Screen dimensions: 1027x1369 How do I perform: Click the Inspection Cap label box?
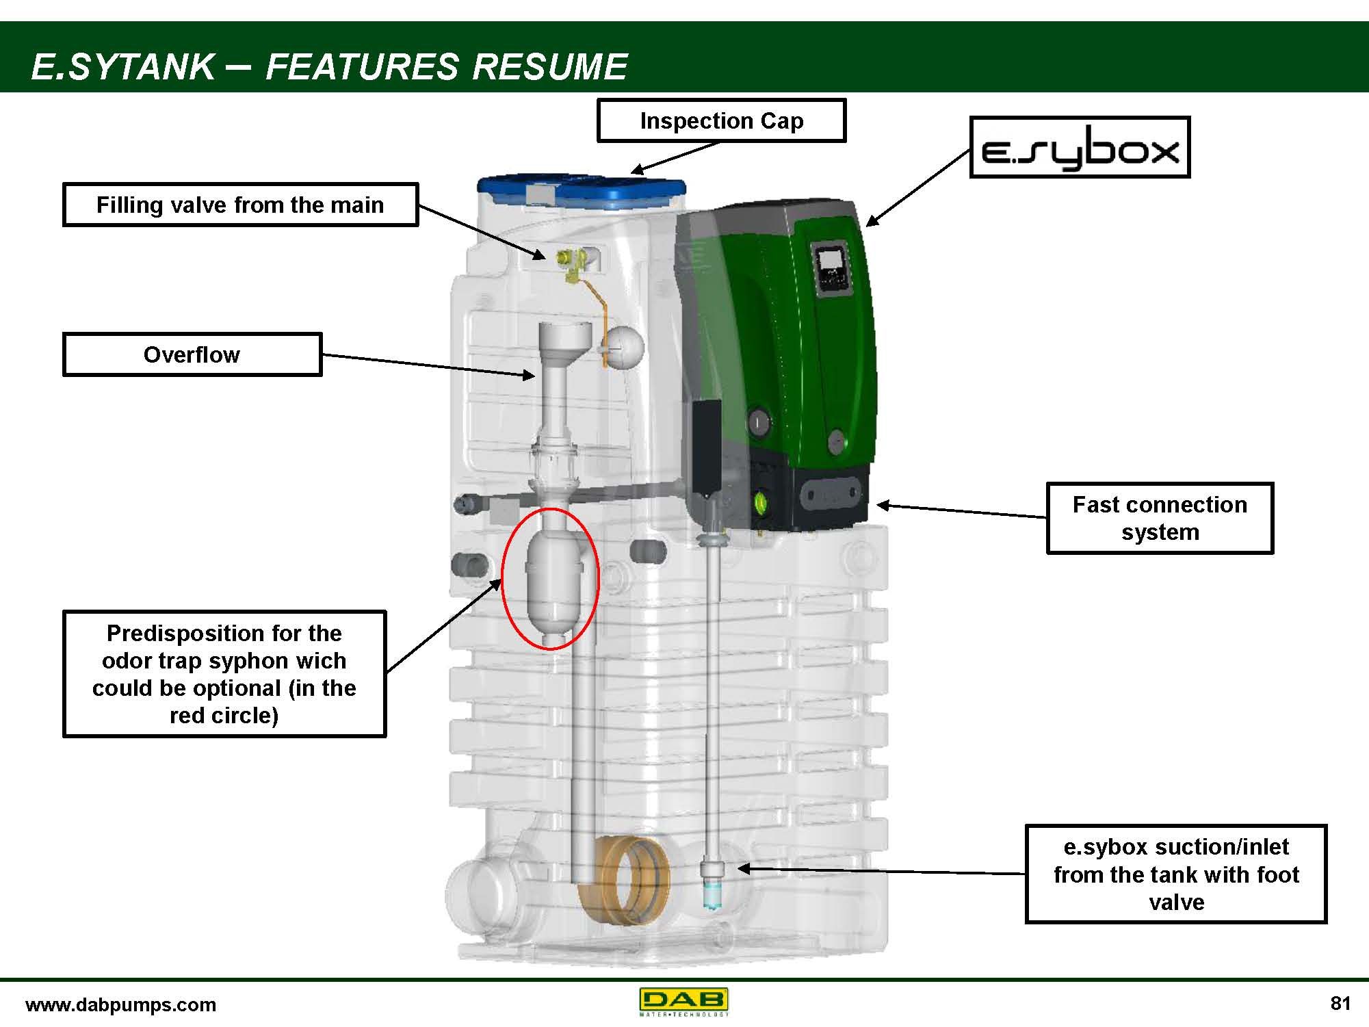tap(721, 120)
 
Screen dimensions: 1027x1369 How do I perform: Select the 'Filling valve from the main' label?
tap(239, 205)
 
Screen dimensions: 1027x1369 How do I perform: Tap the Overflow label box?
tap(192, 354)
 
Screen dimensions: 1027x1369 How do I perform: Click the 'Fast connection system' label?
tap(1159, 518)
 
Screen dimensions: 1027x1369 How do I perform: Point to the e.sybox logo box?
tap(1080, 148)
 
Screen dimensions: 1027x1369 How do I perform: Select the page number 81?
tap(1340, 1003)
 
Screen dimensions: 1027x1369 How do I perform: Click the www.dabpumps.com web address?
tap(120, 1004)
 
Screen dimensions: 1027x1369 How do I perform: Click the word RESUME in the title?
tap(549, 67)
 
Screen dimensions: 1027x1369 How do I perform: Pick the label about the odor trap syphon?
tap(224, 673)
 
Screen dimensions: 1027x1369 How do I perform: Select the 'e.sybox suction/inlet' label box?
tap(1175, 874)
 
